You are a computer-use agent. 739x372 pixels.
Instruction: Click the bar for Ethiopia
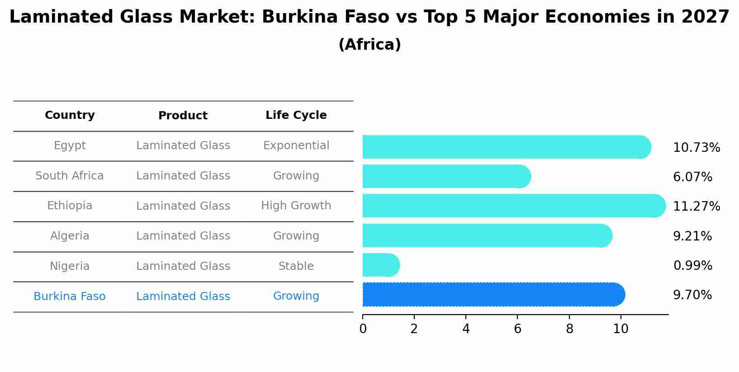coord(513,206)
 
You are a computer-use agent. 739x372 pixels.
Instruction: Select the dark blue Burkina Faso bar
coord(493,295)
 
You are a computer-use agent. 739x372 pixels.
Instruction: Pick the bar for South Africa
coord(446,176)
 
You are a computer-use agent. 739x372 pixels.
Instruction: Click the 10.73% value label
coord(696,148)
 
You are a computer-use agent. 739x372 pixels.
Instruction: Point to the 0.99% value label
coord(692,266)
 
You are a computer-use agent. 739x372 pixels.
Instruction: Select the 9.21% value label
coord(692,236)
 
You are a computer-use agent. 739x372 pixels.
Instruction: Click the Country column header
coord(70,115)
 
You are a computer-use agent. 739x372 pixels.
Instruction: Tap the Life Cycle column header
coord(296,115)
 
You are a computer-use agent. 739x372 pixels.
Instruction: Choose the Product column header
coord(183,116)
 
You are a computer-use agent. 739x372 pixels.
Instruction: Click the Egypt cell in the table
coord(70,146)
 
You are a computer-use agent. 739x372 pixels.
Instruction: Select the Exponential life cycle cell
coord(296,146)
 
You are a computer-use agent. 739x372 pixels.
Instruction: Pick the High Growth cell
coord(296,206)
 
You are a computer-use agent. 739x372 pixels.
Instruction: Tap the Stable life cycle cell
coord(296,266)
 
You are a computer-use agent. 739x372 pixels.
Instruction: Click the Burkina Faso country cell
coord(70,297)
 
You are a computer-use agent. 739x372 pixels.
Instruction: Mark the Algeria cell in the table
coord(70,236)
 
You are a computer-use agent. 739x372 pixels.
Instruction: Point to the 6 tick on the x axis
coord(517,329)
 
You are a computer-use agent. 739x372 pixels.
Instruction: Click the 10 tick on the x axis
coord(621,329)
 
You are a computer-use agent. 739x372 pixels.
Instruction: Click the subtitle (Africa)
coord(369,45)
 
